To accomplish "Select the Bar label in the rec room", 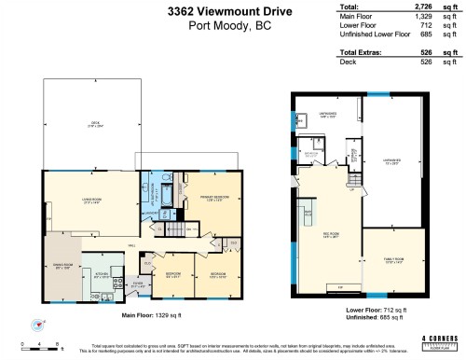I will pos(307,215).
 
